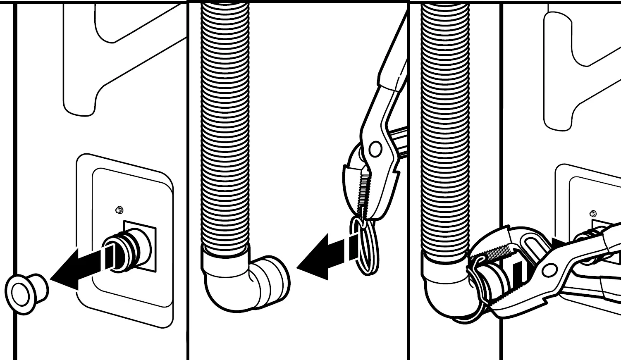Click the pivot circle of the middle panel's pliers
pyautogui.click(x=375, y=149)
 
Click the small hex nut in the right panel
pyautogui.click(x=592, y=214)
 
